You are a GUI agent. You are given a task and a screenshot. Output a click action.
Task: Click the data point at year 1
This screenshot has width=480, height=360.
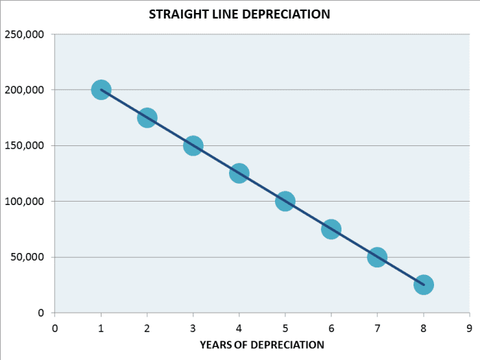(101, 90)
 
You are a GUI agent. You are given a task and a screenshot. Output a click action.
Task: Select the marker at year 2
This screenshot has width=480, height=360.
(147, 118)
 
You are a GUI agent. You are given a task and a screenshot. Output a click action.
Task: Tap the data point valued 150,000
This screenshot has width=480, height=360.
(193, 145)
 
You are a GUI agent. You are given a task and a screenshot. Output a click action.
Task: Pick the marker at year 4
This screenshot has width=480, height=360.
(239, 173)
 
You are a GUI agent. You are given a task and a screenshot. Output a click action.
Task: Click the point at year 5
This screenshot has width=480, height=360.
(285, 201)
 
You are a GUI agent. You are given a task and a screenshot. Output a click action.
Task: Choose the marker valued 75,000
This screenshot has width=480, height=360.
(331, 229)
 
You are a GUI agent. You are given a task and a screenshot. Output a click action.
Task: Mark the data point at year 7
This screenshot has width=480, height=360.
(377, 257)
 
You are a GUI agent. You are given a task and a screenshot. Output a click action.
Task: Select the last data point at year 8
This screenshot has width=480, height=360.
(423, 285)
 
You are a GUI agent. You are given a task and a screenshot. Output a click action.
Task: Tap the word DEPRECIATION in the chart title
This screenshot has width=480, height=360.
(287, 14)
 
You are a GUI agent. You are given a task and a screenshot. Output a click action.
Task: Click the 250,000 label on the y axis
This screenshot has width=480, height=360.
(25, 34)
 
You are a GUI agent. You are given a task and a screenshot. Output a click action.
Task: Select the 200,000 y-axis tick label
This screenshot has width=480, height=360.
(25, 90)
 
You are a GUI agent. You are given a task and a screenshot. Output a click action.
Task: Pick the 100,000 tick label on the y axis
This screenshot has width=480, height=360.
(25, 202)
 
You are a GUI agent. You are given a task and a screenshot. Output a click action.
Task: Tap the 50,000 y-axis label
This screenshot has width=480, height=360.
(28, 257)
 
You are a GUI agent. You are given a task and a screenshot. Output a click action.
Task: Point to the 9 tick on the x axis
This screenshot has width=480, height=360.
(469, 327)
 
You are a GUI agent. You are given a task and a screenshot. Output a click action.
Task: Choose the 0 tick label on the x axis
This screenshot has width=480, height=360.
(55, 327)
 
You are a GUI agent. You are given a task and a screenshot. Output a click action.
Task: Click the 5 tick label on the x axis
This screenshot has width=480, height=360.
(285, 327)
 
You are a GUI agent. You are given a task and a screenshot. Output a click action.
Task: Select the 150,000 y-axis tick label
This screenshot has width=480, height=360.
(25, 146)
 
